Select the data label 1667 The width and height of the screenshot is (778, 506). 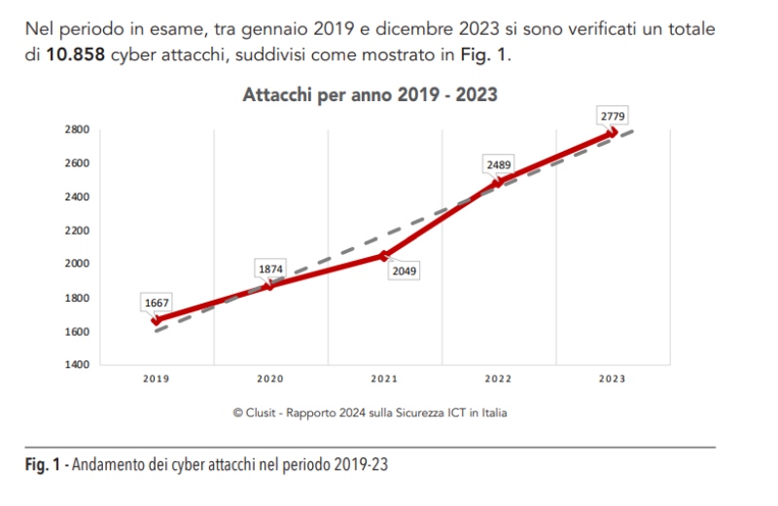pyautogui.click(x=158, y=303)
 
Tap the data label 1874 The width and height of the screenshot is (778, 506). pyautogui.click(x=270, y=268)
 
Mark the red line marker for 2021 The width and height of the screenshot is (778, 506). pyautogui.click(x=384, y=256)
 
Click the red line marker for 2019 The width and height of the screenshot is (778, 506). pyautogui.click(x=157, y=319)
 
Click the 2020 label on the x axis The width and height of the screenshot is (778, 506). pyautogui.click(x=270, y=379)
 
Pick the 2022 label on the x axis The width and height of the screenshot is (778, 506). pyautogui.click(x=499, y=379)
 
